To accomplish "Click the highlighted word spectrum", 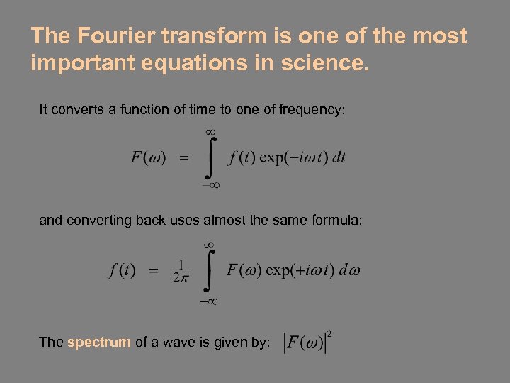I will click(x=99, y=343).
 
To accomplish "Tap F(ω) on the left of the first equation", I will click(x=148, y=157).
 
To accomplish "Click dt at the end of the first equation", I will click(x=339, y=157).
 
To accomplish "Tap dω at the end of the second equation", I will click(x=349, y=270).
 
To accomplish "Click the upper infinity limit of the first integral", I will click(x=210, y=133).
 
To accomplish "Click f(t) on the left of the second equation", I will click(x=122, y=270).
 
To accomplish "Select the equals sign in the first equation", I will click(x=183, y=159).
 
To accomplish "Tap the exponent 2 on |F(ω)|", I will click(x=329, y=332).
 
